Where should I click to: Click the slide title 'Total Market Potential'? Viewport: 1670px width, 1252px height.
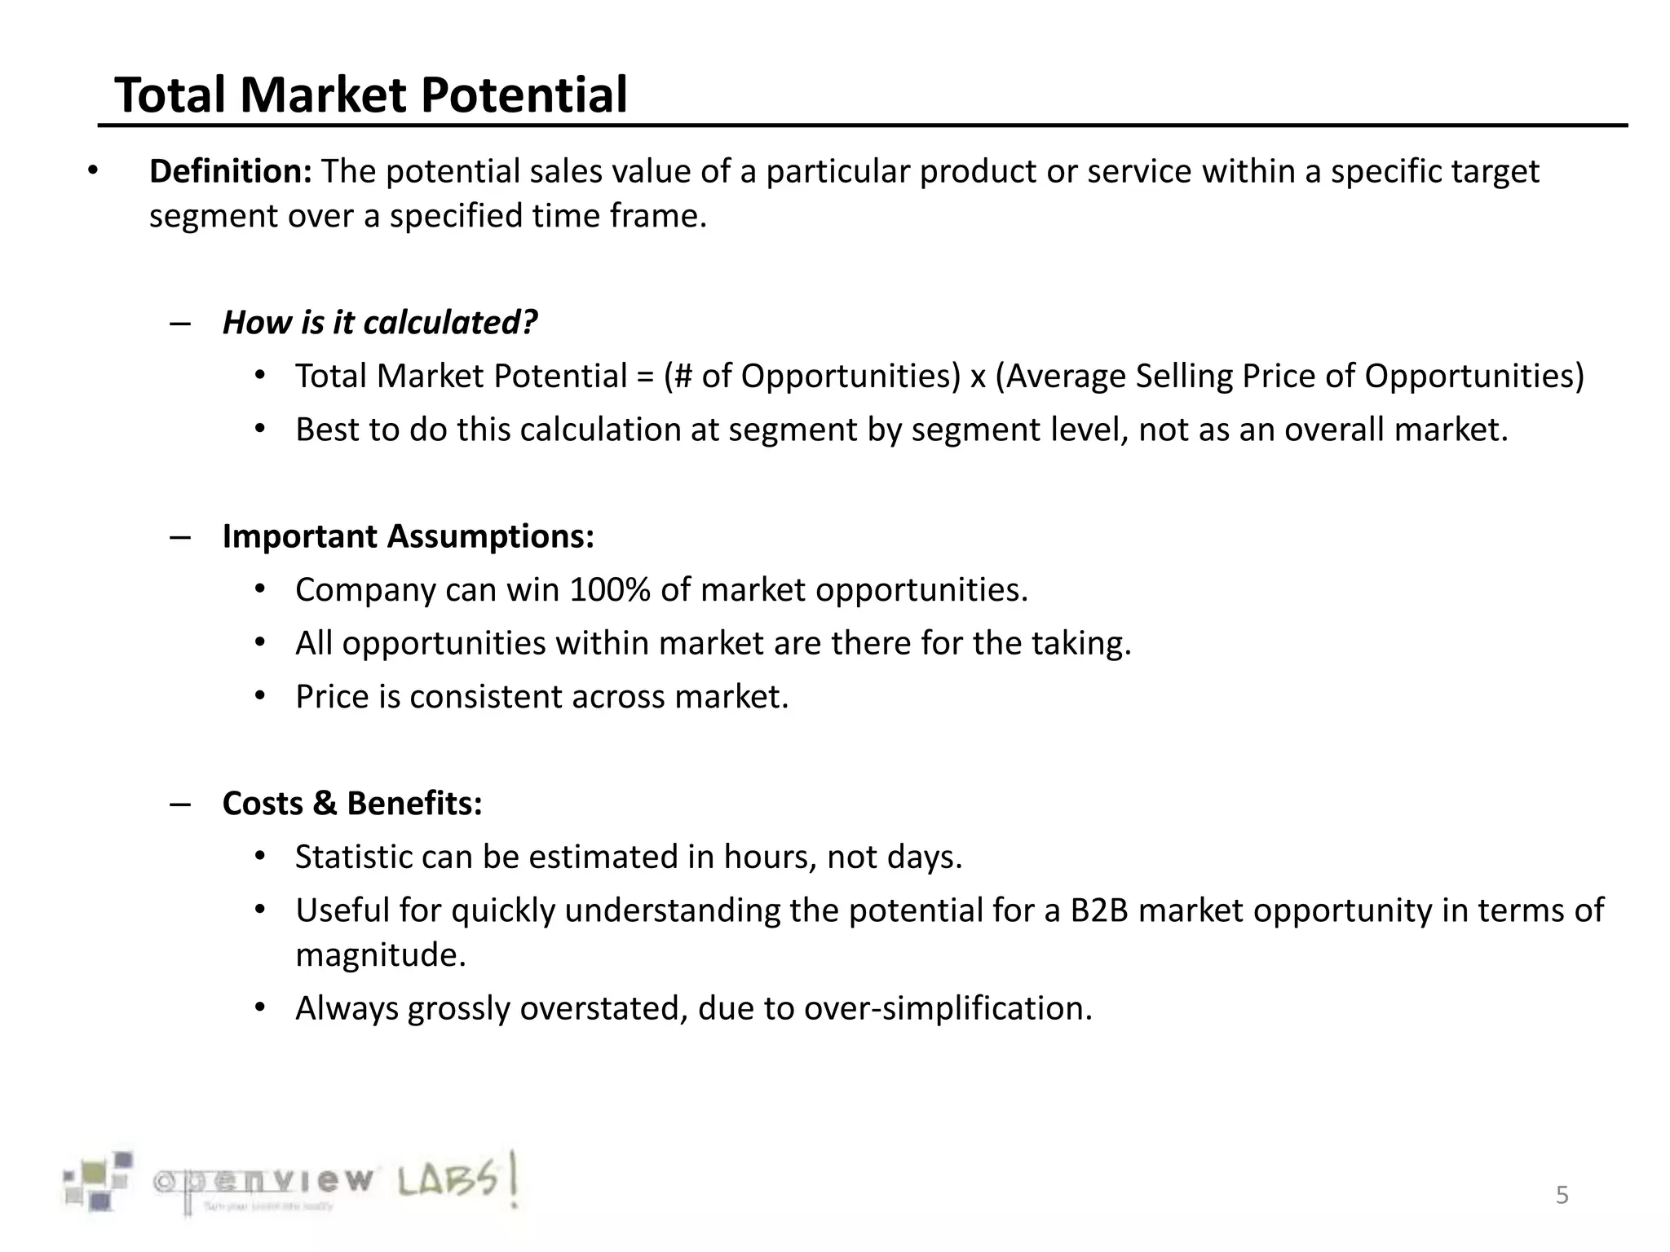tap(371, 95)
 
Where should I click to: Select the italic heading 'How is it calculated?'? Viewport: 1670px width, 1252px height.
tap(380, 323)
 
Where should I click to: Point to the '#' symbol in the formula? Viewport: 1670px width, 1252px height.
tap(683, 377)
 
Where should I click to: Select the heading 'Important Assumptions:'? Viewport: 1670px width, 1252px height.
tap(408, 536)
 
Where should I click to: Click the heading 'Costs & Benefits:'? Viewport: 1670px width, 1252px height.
tap(352, 804)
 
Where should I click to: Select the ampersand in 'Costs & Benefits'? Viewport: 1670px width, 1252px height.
tap(325, 804)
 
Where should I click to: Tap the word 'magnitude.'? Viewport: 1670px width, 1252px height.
tap(381, 954)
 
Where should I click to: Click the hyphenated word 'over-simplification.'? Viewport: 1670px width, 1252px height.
tap(948, 1009)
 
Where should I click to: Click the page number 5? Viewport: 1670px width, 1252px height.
tap(1562, 1196)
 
